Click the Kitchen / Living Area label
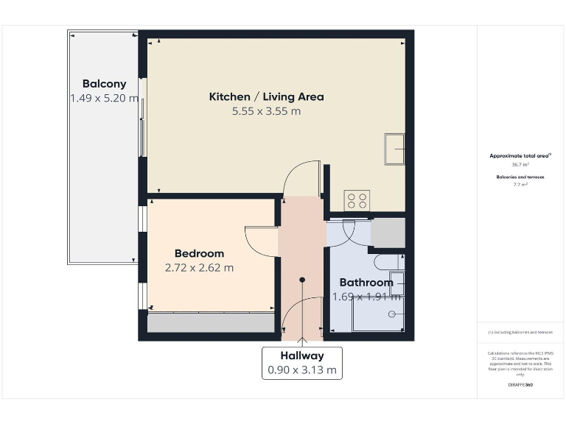(x=266, y=96)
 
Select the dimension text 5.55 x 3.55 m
(x=266, y=111)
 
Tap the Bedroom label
(x=199, y=253)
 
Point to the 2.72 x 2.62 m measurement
(x=199, y=268)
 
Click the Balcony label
(x=104, y=83)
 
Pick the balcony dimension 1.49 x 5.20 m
(x=104, y=98)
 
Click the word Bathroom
(x=366, y=282)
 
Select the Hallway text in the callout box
(x=302, y=356)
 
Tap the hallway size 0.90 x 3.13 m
(x=302, y=370)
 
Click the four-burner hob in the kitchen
(x=358, y=199)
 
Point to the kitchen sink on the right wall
(x=394, y=151)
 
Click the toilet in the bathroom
(x=388, y=261)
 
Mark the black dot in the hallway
(x=302, y=280)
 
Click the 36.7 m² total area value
(x=520, y=165)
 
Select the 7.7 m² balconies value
(x=520, y=185)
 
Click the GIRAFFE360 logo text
(x=520, y=385)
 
